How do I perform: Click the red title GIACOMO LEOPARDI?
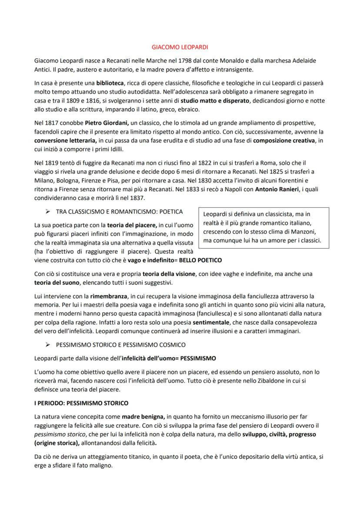click(180, 47)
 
